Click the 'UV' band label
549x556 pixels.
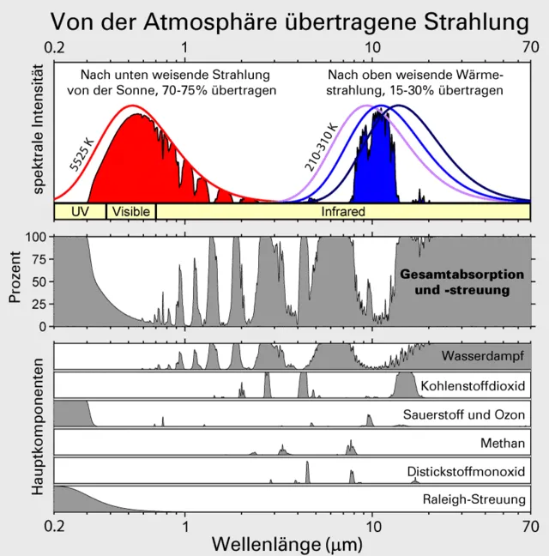(79, 210)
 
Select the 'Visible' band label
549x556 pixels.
(130, 210)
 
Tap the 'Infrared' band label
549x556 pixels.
(343, 210)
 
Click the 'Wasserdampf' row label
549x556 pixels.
(483, 355)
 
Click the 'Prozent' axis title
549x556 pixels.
(15, 280)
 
